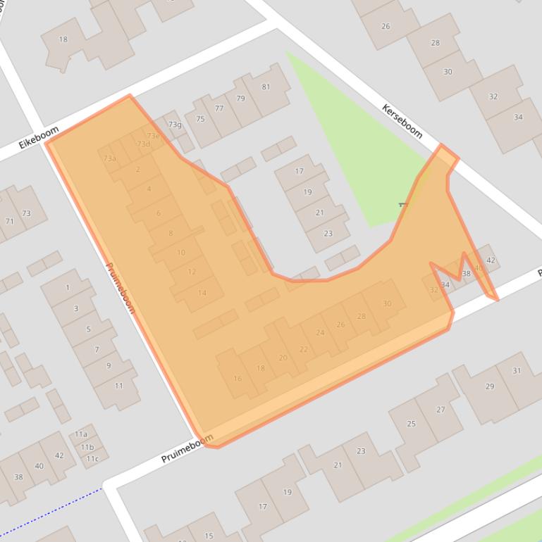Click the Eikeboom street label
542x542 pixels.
[x=33, y=138]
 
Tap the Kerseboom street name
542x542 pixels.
[x=402, y=121]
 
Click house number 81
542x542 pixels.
[x=266, y=87]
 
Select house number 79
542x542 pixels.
[x=240, y=99]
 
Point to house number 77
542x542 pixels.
[x=219, y=108]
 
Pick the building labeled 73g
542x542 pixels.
[x=175, y=125]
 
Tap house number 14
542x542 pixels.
[x=202, y=293]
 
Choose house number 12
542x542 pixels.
[x=192, y=272]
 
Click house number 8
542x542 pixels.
[x=171, y=233]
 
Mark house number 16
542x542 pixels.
[x=238, y=379]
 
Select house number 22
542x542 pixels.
[x=304, y=349]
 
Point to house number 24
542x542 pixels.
[x=321, y=333]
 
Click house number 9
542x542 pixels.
[x=109, y=366]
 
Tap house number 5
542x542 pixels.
[x=88, y=329]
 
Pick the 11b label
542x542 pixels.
[x=87, y=447]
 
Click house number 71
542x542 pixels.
[x=10, y=221]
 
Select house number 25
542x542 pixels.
[x=412, y=424]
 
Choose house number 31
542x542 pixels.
[x=517, y=371]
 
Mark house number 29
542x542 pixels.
[x=490, y=386]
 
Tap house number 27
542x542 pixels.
[x=441, y=410]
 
